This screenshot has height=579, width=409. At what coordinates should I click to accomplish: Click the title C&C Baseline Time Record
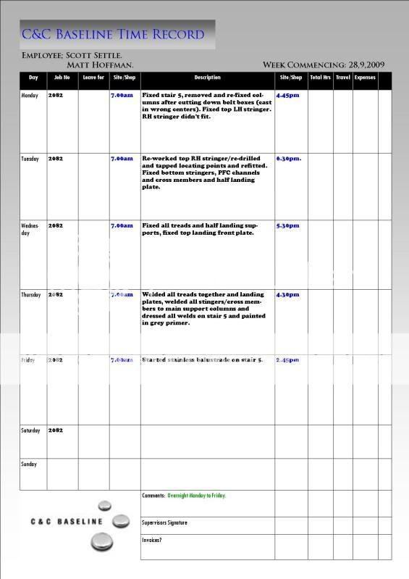coord(113,34)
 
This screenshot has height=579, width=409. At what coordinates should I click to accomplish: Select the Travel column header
coord(342,78)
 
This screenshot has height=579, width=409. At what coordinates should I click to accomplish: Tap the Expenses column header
coord(365,78)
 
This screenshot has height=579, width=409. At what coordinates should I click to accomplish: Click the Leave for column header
coord(93,78)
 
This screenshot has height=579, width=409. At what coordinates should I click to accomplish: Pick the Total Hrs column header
coord(319,78)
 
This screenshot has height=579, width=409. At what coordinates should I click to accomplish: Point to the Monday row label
coord(30,95)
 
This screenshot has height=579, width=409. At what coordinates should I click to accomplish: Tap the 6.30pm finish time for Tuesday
coord(289,158)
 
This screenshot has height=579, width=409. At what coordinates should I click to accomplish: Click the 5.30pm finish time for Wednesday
coord(288,225)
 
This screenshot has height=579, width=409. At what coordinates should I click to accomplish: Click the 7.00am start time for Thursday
coord(122,295)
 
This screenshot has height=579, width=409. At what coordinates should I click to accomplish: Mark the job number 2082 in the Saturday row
coord(56,430)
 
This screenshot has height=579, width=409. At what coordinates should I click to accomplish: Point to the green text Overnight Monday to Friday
coord(197,496)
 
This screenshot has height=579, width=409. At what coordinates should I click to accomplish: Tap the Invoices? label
coord(153,540)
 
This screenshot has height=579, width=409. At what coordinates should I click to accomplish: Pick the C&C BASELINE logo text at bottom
coord(67,521)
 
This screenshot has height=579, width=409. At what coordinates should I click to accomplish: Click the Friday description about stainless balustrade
coord(203,359)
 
